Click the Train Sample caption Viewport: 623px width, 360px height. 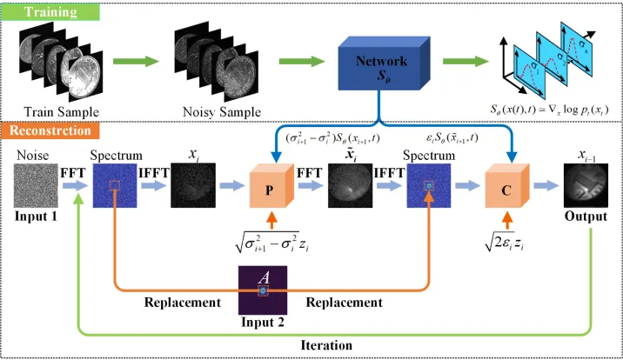(x=57, y=111)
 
